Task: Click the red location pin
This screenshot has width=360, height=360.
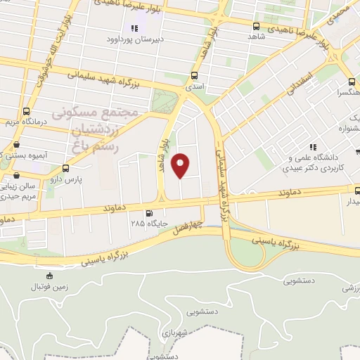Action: point(181,165)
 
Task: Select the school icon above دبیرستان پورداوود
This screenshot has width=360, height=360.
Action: point(134,28)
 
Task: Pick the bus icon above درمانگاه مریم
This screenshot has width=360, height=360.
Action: point(27,110)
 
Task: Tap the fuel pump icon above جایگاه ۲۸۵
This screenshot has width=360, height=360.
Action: point(148,213)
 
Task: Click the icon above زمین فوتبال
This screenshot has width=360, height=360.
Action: point(49,276)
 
